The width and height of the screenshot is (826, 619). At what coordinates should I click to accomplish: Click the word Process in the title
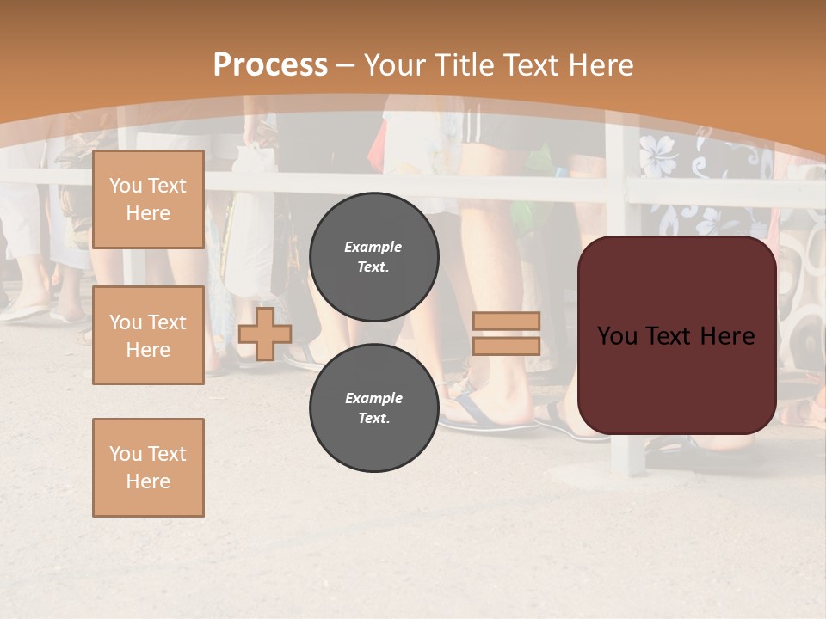click(270, 65)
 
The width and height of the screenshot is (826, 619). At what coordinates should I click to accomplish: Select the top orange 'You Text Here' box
click(148, 199)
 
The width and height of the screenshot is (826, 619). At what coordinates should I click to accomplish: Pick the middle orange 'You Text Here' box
click(148, 335)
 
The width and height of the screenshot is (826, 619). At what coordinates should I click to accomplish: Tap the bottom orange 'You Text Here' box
click(148, 468)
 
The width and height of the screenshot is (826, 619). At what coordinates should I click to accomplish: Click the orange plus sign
click(265, 334)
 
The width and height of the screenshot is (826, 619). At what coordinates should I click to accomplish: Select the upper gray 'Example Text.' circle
click(373, 256)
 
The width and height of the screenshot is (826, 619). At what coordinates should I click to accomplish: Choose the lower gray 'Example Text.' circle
click(373, 408)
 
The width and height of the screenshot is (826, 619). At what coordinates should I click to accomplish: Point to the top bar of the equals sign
click(507, 321)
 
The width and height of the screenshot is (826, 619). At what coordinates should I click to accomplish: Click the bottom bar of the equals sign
click(507, 346)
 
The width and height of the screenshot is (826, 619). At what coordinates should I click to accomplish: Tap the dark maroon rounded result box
click(676, 378)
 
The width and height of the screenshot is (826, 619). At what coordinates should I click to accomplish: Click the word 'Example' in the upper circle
click(373, 247)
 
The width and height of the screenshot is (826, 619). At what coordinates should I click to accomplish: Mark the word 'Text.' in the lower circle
click(373, 418)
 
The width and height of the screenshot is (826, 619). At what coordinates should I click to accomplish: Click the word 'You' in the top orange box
click(125, 186)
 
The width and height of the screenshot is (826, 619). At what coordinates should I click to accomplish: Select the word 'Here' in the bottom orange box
click(148, 481)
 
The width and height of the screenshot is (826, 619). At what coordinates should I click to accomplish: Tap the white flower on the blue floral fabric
click(658, 156)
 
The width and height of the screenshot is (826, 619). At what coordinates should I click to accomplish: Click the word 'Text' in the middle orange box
click(166, 322)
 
